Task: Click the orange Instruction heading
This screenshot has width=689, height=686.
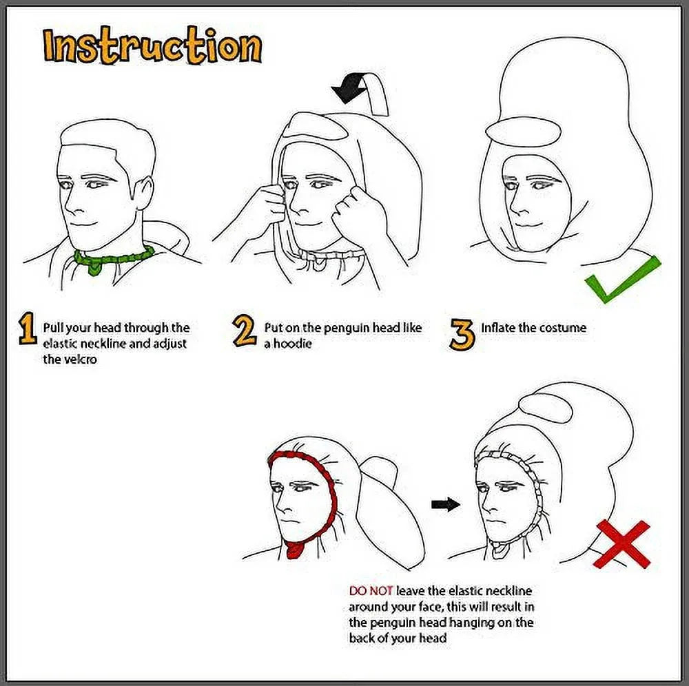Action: click(152, 45)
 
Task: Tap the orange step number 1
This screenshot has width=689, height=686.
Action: click(28, 328)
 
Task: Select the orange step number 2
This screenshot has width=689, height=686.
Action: click(244, 331)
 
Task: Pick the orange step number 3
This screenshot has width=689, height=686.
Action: click(462, 334)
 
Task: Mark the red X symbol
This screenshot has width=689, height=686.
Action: click(621, 544)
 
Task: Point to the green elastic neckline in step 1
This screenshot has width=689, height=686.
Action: click(113, 258)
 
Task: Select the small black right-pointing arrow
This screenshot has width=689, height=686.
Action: click(446, 503)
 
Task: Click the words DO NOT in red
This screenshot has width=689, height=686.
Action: click(371, 591)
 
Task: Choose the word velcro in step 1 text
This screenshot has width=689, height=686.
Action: click(70, 360)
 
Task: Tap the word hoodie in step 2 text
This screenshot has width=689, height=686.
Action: click(292, 344)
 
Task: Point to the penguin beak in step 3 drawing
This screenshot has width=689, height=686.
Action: click(524, 132)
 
